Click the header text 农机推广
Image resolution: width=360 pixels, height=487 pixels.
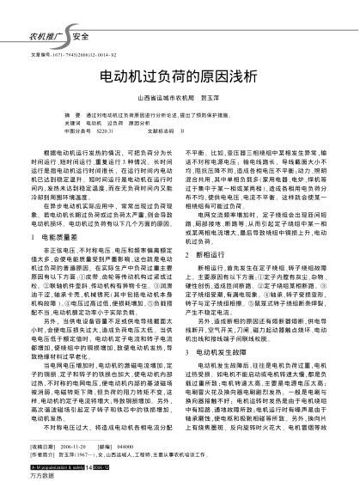pos(44,37)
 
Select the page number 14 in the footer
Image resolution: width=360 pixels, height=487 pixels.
pos(92,469)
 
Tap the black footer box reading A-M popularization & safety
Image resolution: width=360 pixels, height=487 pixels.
pos(57,469)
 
